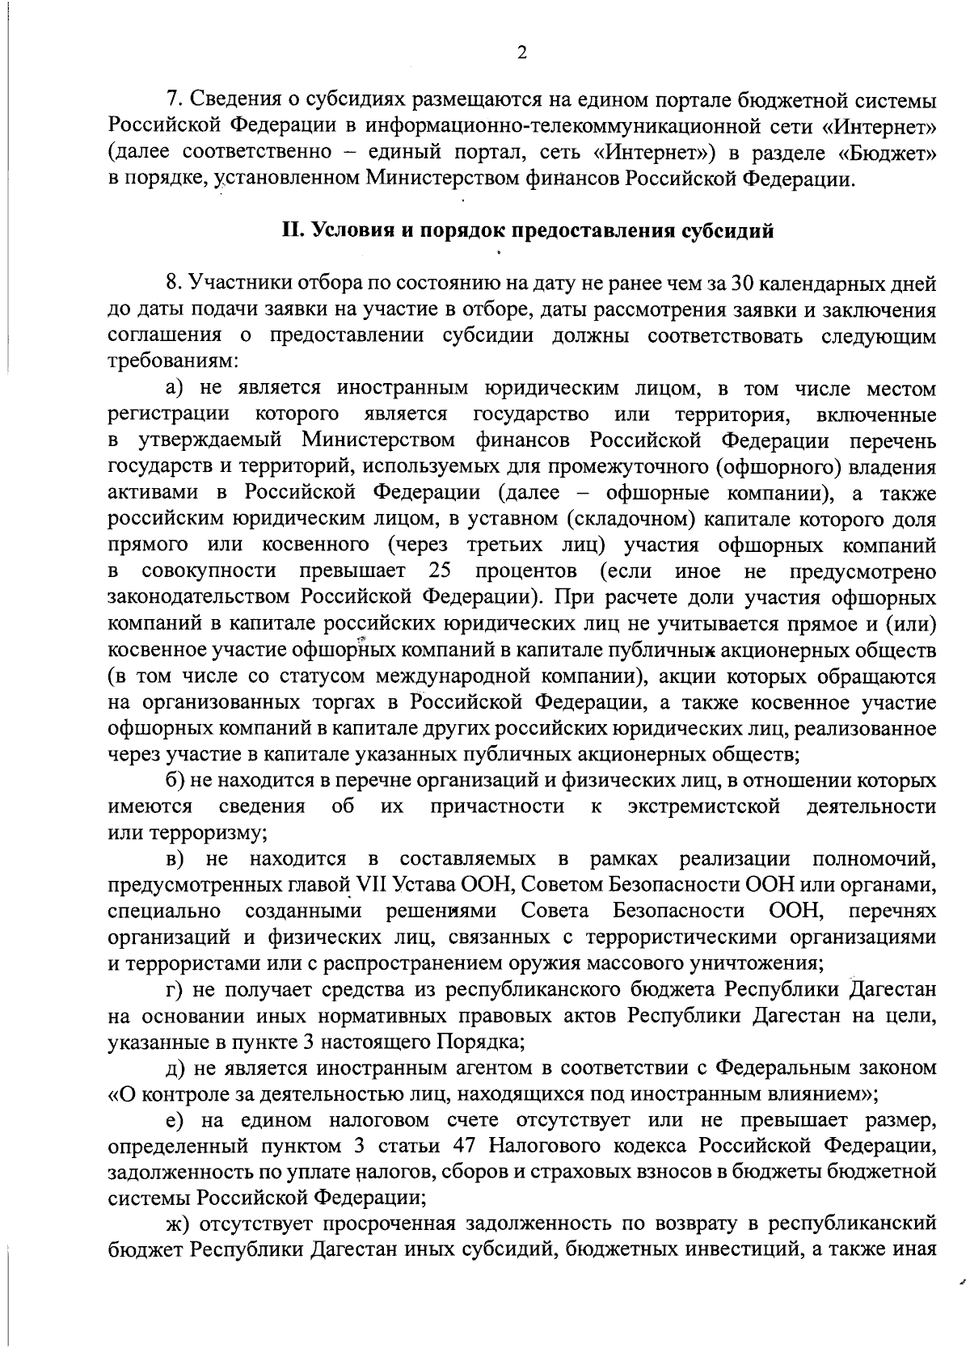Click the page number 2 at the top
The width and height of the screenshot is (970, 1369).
point(521,53)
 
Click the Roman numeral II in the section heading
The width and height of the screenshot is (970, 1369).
point(292,231)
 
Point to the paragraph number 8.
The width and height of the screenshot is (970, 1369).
point(171,284)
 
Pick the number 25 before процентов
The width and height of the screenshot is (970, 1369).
point(439,571)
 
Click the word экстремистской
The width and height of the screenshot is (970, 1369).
point(704,807)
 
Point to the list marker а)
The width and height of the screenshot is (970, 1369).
point(175,389)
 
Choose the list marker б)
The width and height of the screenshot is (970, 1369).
point(175,781)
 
